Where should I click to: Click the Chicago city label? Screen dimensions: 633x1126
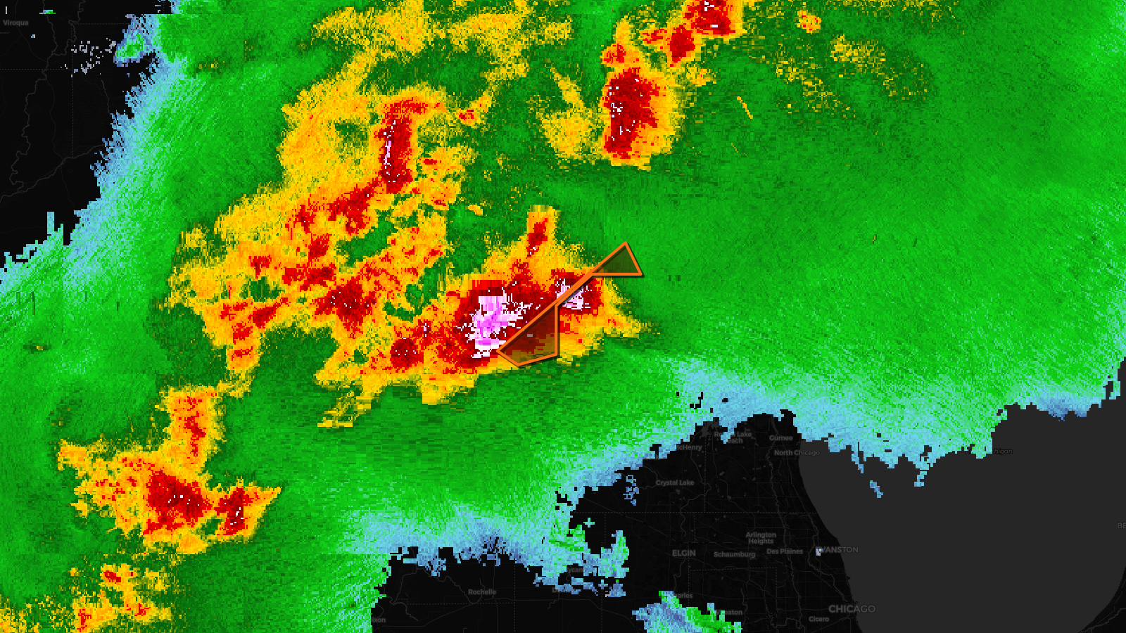click(852, 608)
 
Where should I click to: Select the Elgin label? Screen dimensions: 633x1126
click(683, 553)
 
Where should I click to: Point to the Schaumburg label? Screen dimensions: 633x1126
click(734, 554)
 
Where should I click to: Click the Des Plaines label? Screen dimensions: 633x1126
click(785, 551)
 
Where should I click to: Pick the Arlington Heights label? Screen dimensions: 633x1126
click(761, 538)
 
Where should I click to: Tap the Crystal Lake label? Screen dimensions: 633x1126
click(674, 482)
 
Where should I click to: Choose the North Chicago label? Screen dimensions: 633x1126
click(797, 453)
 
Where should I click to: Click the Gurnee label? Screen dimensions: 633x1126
click(780, 437)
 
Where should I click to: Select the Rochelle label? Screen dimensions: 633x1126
click(482, 592)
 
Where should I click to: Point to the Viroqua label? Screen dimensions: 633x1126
click(15, 23)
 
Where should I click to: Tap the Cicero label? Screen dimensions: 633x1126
click(818, 619)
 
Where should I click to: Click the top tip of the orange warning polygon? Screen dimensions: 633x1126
click(625, 245)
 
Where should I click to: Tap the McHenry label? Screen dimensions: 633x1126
click(689, 447)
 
